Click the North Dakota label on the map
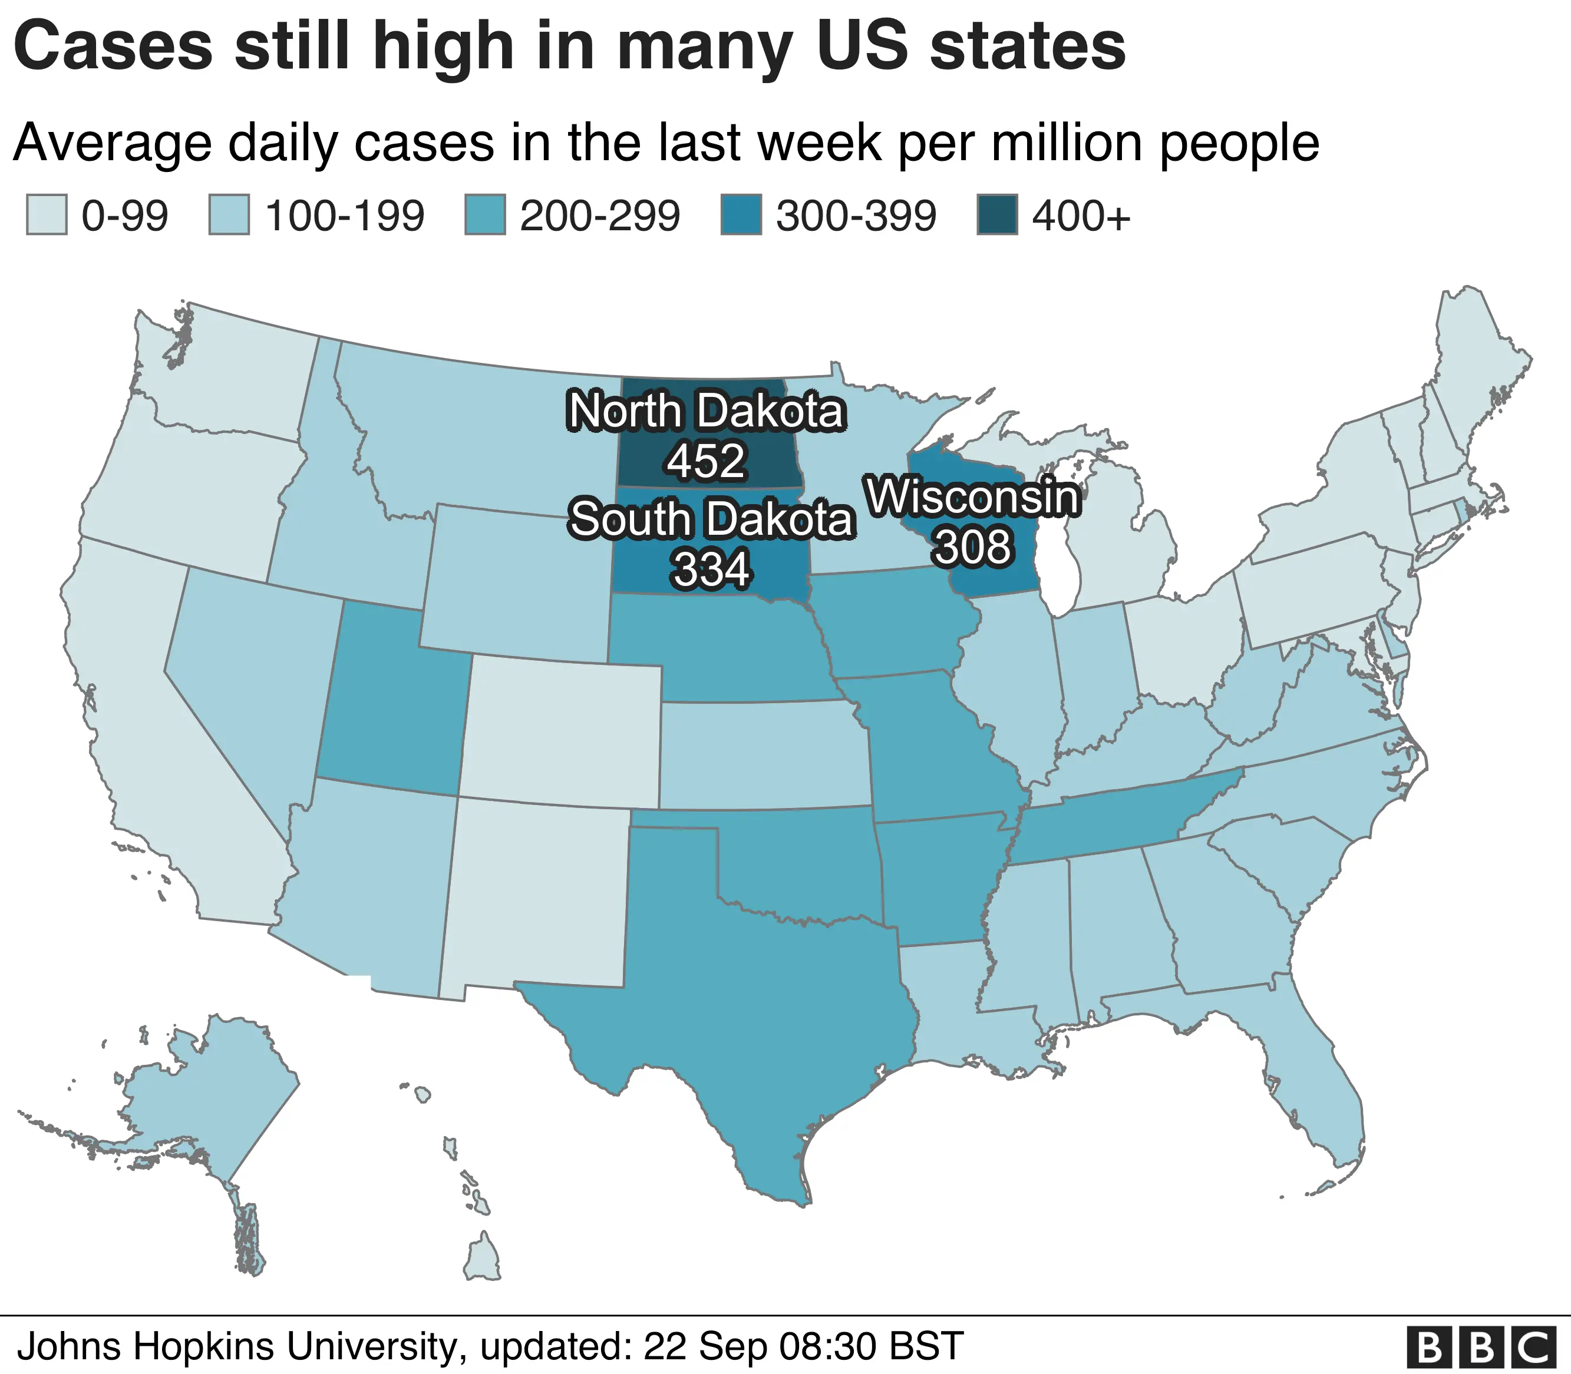[706, 412]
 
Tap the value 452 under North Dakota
[706, 461]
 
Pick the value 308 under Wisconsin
[973, 547]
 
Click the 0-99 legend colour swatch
[47, 216]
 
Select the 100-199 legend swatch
[229, 216]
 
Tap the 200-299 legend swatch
[485, 216]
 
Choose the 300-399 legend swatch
[741, 216]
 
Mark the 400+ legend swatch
[997, 216]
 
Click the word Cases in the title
[114, 48]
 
